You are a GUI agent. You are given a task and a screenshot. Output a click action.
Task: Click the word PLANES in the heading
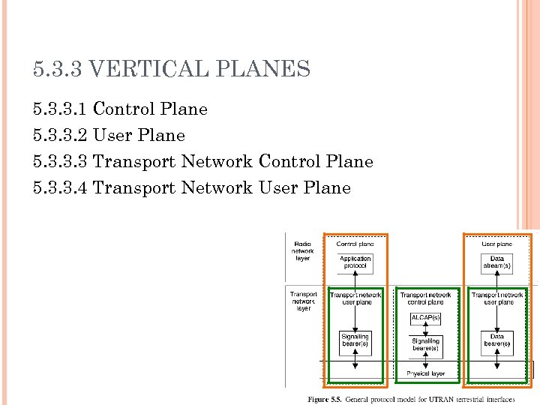262,70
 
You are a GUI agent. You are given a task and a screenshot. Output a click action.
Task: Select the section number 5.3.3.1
60,109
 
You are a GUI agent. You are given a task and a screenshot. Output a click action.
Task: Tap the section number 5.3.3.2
60,136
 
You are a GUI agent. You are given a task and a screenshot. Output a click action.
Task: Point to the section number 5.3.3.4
60,188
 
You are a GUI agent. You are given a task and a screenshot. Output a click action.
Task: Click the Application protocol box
355,262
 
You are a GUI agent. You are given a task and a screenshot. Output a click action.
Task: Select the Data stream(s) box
496,262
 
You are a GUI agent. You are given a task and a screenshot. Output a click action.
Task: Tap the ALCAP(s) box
425,318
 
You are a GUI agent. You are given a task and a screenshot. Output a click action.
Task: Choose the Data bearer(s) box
496,341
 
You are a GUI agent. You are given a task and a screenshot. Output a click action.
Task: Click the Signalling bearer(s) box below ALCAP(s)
425,346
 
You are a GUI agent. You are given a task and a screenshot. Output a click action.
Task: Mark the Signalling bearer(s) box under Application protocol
355,341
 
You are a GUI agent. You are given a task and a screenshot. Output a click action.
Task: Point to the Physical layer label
425,373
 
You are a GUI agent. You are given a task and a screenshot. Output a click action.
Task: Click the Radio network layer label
302,250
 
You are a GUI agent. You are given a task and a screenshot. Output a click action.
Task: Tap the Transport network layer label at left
302,301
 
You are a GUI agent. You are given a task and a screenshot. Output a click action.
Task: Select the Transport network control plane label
425,298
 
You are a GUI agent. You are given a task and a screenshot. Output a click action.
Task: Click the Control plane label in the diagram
355,244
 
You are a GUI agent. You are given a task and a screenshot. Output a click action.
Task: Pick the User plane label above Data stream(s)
496,244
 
